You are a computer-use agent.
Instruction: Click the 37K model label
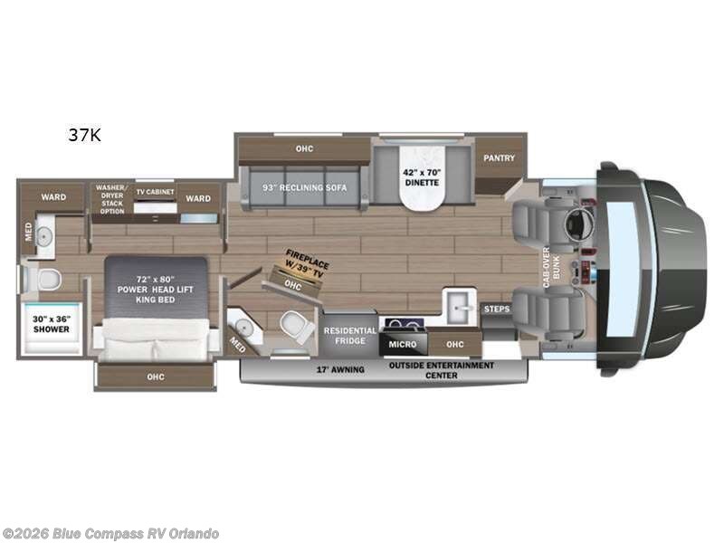click(83, 136)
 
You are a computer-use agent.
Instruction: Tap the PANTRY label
click(499, 158)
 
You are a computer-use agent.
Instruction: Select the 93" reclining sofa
click(300, 186)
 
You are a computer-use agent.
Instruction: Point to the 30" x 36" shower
click(52, 324)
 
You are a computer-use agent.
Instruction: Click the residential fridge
click(349, 336)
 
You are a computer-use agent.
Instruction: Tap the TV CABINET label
click(154, 192)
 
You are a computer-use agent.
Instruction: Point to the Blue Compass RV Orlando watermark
click(110, 533)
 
